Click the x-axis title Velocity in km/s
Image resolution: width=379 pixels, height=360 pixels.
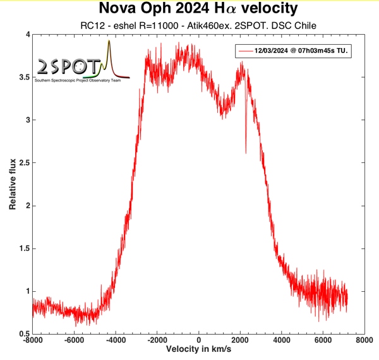tap(198, 349)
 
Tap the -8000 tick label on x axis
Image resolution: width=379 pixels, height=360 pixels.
tap(32, 340)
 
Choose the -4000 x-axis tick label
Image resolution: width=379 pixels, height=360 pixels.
tap(115, 340)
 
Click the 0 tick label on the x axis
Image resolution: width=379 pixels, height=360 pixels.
tap(198, 340)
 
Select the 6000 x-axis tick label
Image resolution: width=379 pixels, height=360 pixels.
tap(322, 340)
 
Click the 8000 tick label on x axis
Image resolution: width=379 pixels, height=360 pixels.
tap(363, 340)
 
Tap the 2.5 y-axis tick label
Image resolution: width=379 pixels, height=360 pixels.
tap(23, 163)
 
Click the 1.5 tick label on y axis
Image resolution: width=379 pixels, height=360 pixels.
tap(23, 248)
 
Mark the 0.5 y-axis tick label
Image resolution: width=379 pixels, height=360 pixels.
tap(23, 333)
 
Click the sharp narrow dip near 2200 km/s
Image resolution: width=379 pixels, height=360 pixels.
tap(246, 148)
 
